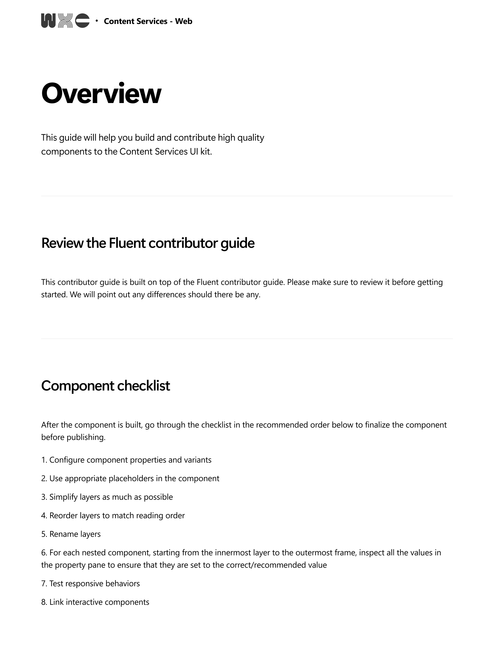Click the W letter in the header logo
[48, 21]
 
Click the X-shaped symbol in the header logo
[65, 21]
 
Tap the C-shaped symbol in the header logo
[82, 21]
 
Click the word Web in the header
[183, 21]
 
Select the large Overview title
[101, 93]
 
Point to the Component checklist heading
[105, 386]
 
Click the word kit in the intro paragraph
[206, 151]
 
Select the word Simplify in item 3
[63, 497]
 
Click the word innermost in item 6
[233, 553]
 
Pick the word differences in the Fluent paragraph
[166, 295]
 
